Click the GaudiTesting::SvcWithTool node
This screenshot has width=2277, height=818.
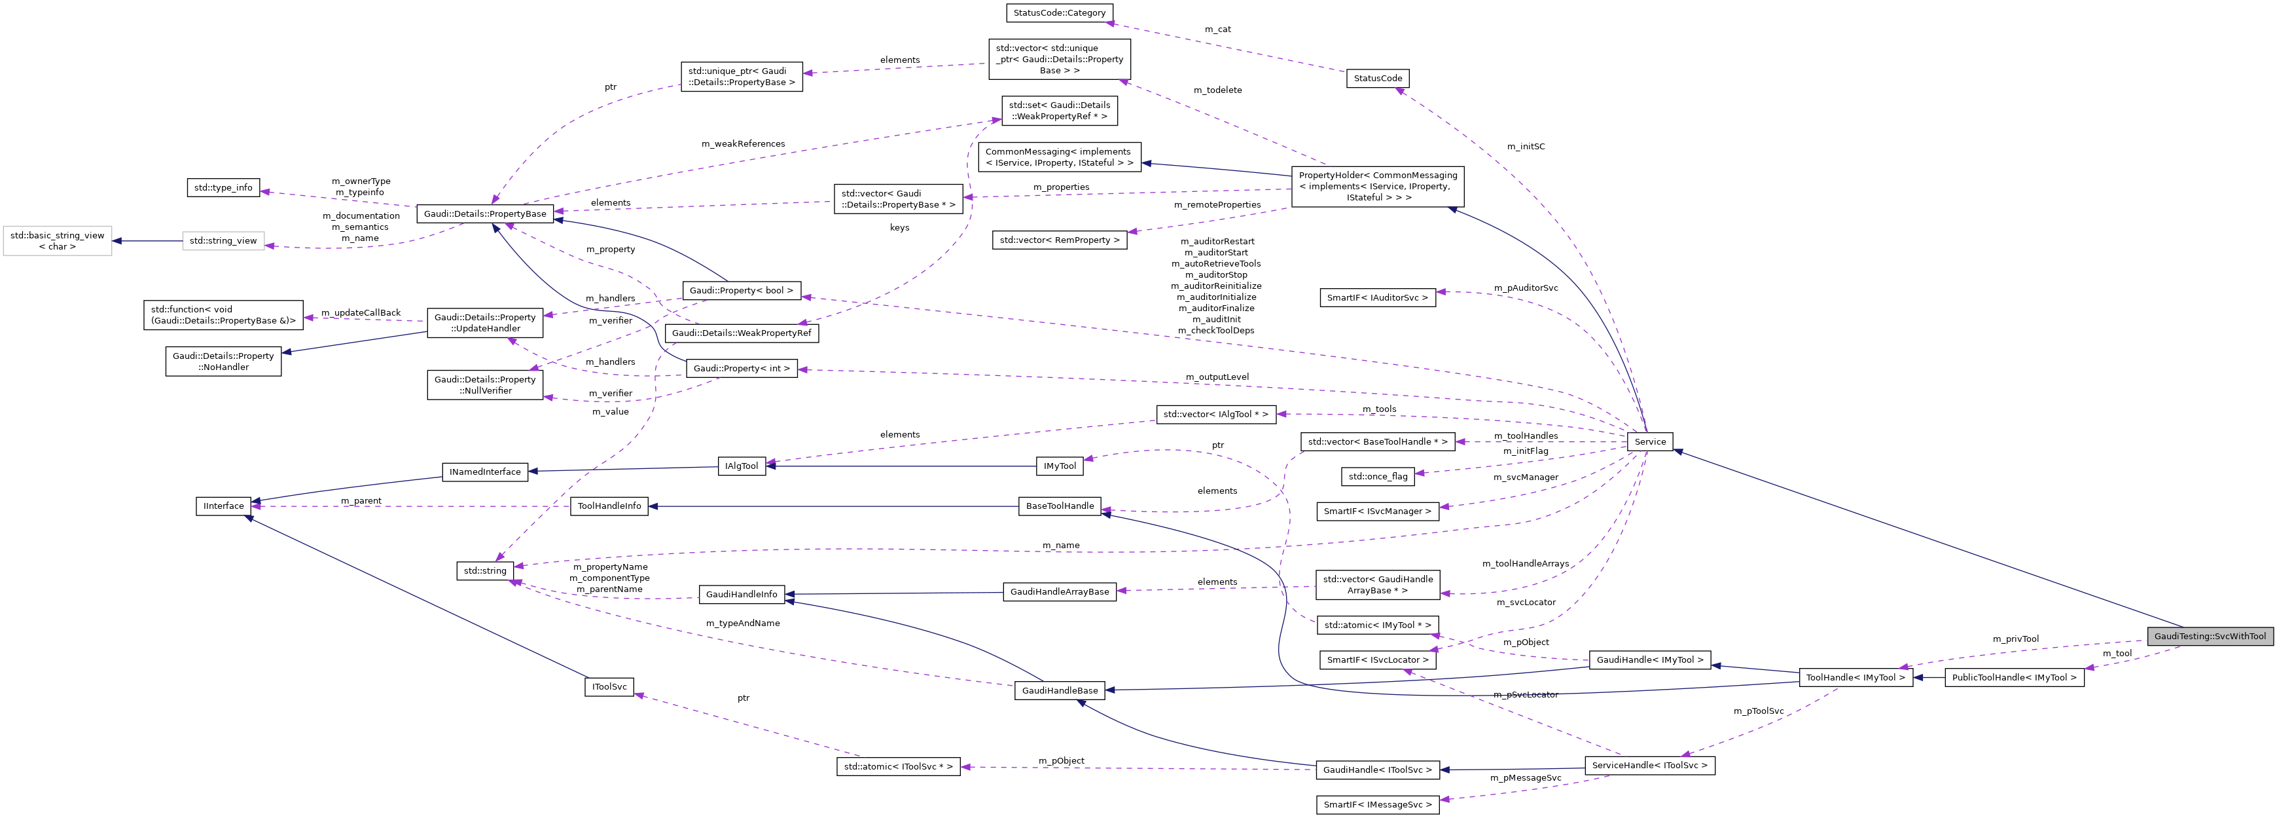[2209, 636]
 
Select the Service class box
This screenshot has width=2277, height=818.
[1649, 441]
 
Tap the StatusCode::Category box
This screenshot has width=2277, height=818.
[1059, 13]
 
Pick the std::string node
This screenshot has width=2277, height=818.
[485, 570]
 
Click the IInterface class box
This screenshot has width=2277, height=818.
[224, 506]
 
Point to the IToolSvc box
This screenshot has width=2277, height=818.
[609, 687]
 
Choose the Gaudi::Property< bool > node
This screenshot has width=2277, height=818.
[741, 290]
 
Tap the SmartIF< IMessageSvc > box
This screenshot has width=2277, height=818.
[1377, 805]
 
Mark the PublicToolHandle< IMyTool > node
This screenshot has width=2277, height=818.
[2014, 677]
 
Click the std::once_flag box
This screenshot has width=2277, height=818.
[1377, 477]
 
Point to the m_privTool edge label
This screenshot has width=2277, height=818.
[2015, 639]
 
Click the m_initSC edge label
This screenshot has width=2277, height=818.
[1526, 147]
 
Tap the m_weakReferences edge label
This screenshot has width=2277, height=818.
[742, 144]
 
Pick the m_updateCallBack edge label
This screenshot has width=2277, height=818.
[361, 313]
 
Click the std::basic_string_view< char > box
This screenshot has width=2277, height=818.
[58, 240]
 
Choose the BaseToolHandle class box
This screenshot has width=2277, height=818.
[1060, 506]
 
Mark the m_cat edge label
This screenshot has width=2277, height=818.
[1217, 30]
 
